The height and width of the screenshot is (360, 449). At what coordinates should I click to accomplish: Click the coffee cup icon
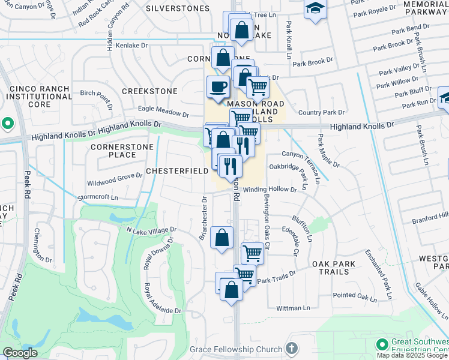[x=218, y=86]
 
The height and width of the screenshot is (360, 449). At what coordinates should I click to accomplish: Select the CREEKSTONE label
[x=149, y=91]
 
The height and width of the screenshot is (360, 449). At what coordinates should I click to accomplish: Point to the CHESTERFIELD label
[x=177, y=172]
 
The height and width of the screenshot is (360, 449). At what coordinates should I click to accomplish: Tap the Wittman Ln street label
[x=293, y=308]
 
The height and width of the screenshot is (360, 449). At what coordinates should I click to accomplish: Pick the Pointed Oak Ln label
[x=354, y=295]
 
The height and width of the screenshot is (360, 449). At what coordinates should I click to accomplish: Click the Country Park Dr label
[x=322, y=112]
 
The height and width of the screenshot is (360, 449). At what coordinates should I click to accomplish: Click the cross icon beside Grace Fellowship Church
[x=291, y=349]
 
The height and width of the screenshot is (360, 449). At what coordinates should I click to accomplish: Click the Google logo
[x=20, y=353]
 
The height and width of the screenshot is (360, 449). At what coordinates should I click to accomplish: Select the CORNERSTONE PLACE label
[x=113, y=151]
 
